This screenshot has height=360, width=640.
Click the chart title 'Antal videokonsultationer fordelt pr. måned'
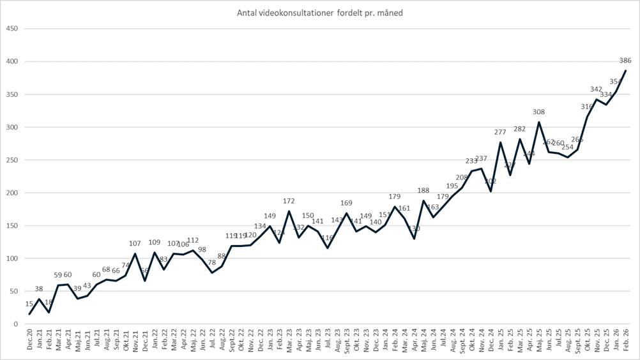pyautogui.click(x=319, y=13)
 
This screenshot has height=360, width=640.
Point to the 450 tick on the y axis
pyautogui.click(x=11, y=29)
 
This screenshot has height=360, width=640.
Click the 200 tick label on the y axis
pyautogui.click(x=11, y=193)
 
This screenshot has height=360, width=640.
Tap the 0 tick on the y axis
pyautogui.click(x=16, y=324)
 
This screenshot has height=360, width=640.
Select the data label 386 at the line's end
pyautogui.click(x=625, y=61)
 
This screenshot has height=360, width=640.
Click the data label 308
pyautogui.click(x=539, y=112)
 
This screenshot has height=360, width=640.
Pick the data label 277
pyautogui.click(x=500, y=133)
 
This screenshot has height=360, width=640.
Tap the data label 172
pyautogui.click(x=289, y=202)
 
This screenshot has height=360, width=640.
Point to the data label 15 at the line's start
pyautogui.click(x=29, y=304)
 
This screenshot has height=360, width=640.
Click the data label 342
pyautogui.click(x=597, y=90)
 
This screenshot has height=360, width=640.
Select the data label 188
pyautogui.click(x=423, y=191)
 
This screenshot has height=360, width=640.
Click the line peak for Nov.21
pyautogui.click(x=135, y=254)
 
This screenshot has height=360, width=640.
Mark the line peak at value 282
pyautogui.click(x=520, y=139)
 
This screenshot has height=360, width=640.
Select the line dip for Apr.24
pyautogui.click(x=414, y=239)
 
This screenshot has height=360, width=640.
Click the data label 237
pyautogui.click(x=482, y=159)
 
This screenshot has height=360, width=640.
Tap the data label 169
pyautogui.click(x=347, y=204)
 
